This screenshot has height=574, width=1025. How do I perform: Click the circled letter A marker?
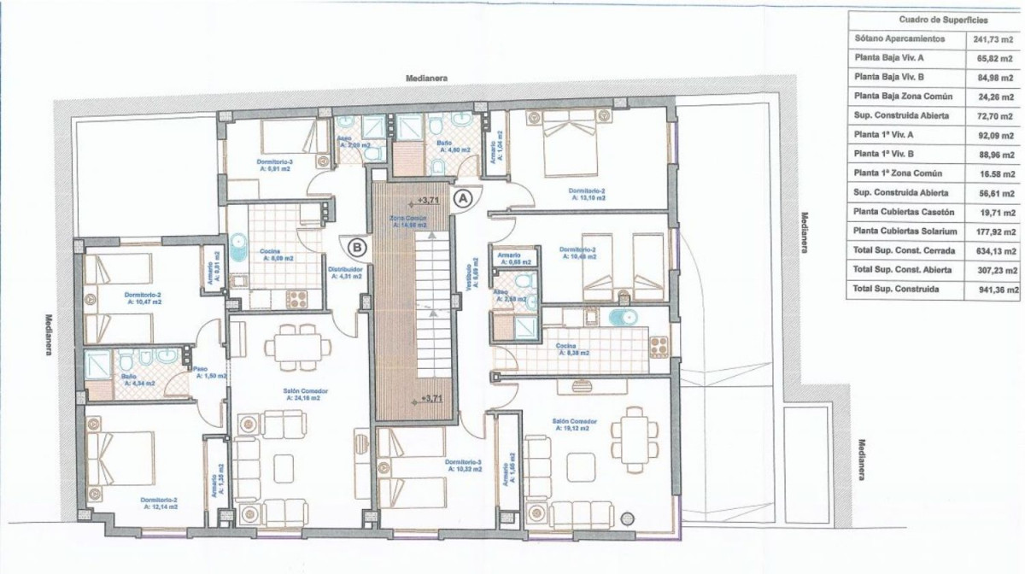click(x=462, y=198)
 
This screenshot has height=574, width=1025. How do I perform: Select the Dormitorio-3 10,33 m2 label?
click(x=464, y=465)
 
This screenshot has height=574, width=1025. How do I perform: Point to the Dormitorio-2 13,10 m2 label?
click(x=588, y=193)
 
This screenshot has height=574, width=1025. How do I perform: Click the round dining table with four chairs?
click(x=294, y=346)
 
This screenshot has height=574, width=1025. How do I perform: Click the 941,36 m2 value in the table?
click(x=997, y=290)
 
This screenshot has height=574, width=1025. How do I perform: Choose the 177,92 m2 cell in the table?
click(x=997, y=231)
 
